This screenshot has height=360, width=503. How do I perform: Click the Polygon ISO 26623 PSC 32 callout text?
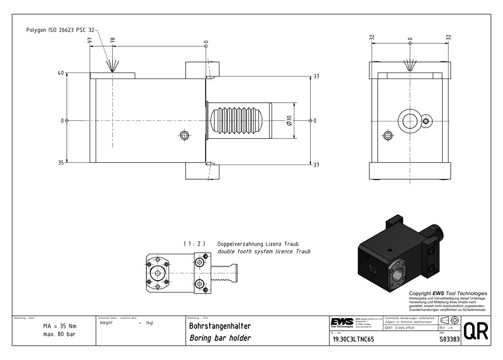point(60,30)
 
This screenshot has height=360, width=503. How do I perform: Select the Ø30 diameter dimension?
point(289,121)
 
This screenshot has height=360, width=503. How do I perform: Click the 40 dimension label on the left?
point(61,74)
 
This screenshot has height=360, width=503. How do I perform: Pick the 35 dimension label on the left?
point(61,163)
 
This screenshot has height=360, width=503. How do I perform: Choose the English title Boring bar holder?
point(220,338)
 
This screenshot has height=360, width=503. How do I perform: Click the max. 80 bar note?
point(59,335)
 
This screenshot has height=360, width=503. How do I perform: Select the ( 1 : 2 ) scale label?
point(195,244)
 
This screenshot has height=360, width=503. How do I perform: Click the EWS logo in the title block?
point(342,322)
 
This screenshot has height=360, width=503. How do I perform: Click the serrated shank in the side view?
point(239,121)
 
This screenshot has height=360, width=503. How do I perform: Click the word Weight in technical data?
point(107,323)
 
